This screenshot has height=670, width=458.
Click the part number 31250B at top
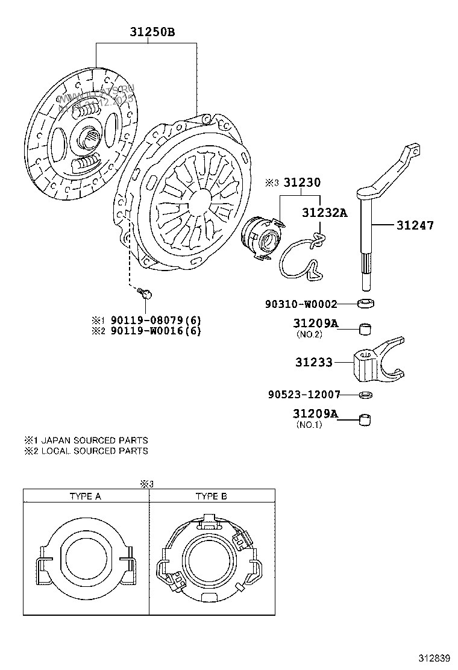pos(152,32)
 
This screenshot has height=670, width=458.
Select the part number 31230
pos(302,183)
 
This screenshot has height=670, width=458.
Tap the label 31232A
pos(325,213)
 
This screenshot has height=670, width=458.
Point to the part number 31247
pos(415,226)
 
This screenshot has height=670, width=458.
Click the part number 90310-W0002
pos(301,304)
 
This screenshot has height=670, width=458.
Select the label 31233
pos(313,363)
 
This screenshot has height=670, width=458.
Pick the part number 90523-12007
pos(304,395)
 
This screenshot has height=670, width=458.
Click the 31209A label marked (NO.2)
pos(315,324)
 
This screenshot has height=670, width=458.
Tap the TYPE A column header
pos(86,496)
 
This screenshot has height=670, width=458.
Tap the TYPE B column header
pos(211,496)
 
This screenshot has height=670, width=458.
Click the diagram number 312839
pos(435,657)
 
